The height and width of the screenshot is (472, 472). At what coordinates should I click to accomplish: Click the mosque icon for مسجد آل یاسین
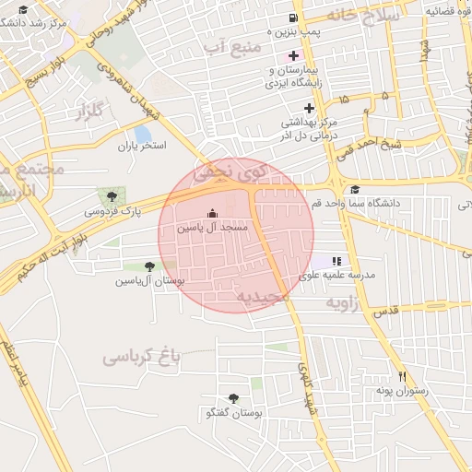213,213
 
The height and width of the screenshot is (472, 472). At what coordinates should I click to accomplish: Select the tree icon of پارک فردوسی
112,195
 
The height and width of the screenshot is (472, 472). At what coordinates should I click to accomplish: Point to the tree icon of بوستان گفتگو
233,398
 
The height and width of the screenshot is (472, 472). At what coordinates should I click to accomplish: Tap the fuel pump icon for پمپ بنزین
293,18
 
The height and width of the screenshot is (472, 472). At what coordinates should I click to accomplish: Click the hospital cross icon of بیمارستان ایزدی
293,55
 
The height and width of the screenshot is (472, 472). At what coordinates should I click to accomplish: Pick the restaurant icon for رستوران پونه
402,376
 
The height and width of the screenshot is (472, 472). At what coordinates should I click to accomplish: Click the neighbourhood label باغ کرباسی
139,356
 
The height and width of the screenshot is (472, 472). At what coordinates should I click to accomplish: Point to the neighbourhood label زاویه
342,301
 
